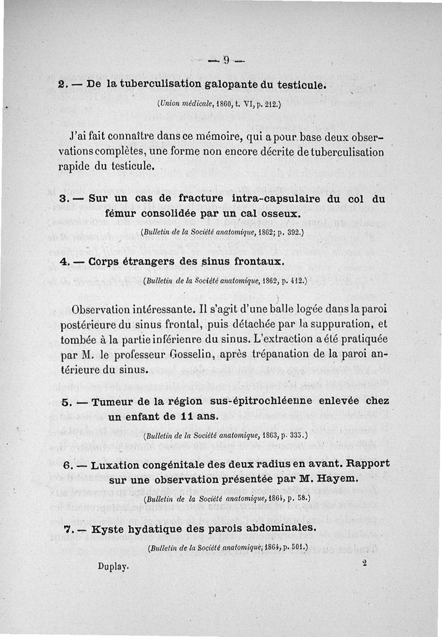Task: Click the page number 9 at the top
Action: tap(226, 61)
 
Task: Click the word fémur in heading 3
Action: tap(122, 213)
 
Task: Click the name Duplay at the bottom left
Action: tap(113, 566)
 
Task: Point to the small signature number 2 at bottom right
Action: tap(365, 562)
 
